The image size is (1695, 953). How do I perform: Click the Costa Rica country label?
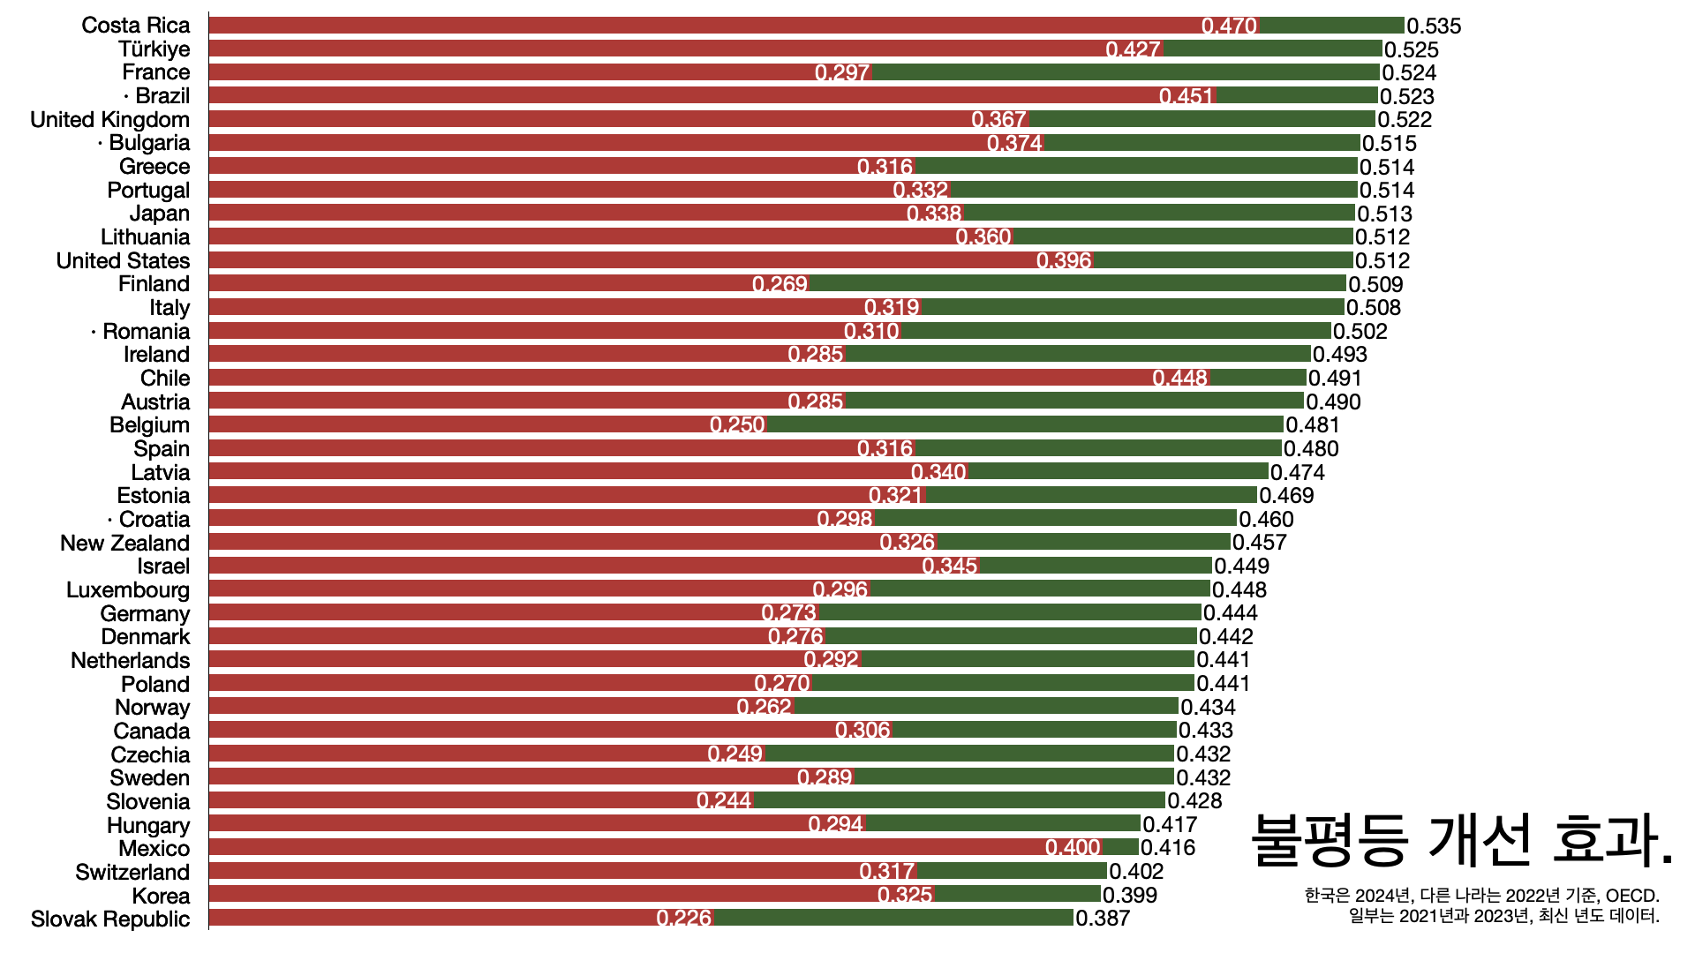pos(135,26)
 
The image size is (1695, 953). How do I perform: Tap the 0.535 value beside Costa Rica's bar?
pos(1434,26)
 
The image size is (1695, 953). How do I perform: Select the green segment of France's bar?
pos(1126,72)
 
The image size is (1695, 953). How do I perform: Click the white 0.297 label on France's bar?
pos(842,73)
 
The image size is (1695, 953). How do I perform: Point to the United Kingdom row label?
pos(109,120)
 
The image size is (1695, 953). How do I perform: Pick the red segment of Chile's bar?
pos(680,378)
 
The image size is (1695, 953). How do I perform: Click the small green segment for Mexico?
pos(1121,848)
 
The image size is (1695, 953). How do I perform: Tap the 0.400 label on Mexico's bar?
pos(1073,848)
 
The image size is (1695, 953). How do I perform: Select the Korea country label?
pos(161,896)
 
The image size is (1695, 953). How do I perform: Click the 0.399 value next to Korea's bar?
pos(1130,896)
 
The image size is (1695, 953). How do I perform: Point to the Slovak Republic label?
pos(110,919)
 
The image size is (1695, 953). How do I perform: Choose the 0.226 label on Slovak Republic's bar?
pos(684,919)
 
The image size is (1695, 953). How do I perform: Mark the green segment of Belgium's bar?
pos(1024,424)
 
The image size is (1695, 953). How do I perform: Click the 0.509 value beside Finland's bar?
pos(1375,284)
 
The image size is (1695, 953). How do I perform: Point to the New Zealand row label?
pos(124,543)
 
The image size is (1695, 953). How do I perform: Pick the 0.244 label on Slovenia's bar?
pos(724,801)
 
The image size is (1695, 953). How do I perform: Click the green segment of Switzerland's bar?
pos(1012,872)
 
